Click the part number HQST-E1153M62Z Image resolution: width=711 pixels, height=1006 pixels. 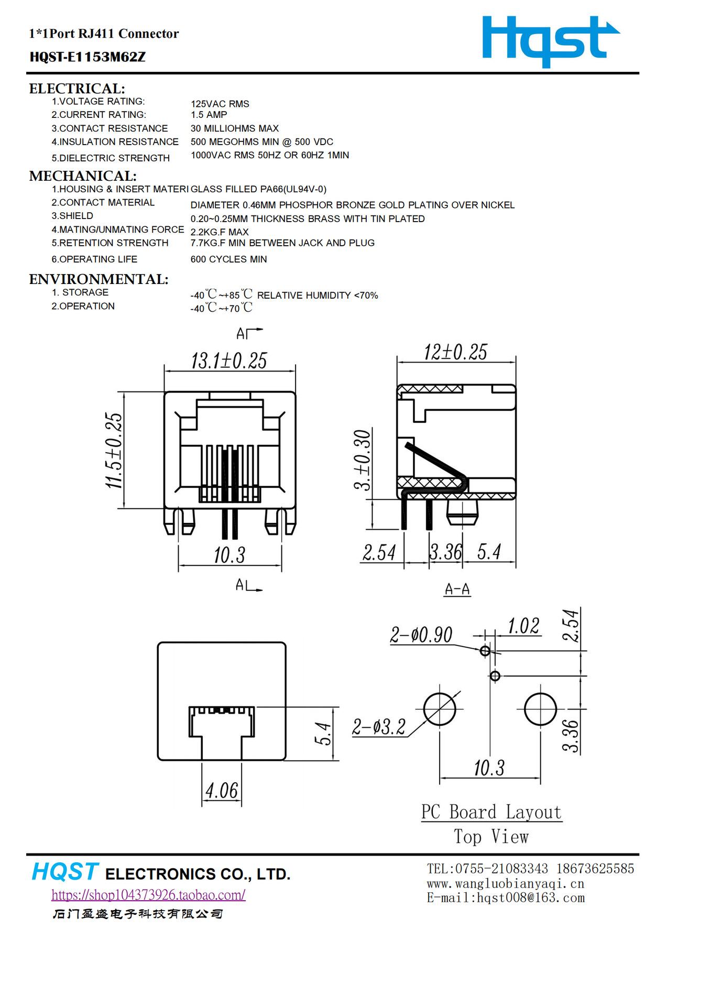[x=87, y=57]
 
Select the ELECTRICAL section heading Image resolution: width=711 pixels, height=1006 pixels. [x=77, y=89]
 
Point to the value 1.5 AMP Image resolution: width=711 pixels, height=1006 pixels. [x=209, y=115]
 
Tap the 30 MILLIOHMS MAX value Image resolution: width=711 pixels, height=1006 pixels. [x=234, y=128]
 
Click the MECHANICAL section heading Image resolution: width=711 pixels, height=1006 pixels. [x=83, y=176]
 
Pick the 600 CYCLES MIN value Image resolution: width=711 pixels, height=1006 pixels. [x=228, y=259]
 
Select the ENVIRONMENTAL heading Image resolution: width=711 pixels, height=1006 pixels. [x=99, y=279]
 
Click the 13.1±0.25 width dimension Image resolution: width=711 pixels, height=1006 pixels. [x=229, y=361]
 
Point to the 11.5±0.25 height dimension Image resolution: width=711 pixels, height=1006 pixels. [x=114, y=451]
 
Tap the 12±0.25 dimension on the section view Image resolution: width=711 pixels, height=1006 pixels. [x=455, y=352]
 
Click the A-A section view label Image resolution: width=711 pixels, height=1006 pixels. [x=457, y=589]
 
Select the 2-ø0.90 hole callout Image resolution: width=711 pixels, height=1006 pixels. [x=421, y=635]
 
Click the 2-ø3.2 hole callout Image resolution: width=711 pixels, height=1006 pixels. [x=378, y=727]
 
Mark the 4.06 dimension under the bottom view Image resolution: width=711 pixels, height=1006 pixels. [x=222, y=791]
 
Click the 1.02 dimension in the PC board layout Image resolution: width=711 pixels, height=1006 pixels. [x=523, y=626]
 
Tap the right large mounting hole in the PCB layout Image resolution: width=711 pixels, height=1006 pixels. [x=540, y=709]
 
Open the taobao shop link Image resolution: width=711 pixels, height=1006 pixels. [x=148, y=895]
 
